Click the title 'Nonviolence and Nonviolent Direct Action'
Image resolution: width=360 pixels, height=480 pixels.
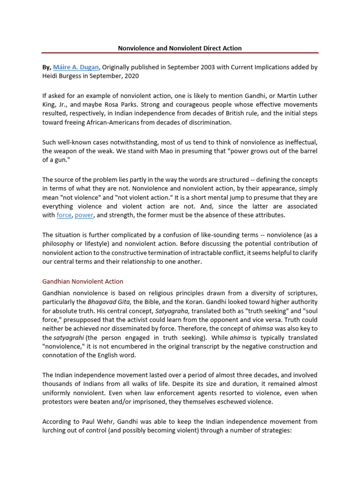click(180, 48)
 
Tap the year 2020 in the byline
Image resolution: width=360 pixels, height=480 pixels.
click(131, 75)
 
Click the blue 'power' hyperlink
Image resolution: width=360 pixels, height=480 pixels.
click(84, 215)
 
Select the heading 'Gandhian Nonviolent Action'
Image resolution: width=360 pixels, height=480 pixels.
click(82, 281)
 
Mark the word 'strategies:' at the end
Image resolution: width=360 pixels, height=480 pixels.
click(275, 431)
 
